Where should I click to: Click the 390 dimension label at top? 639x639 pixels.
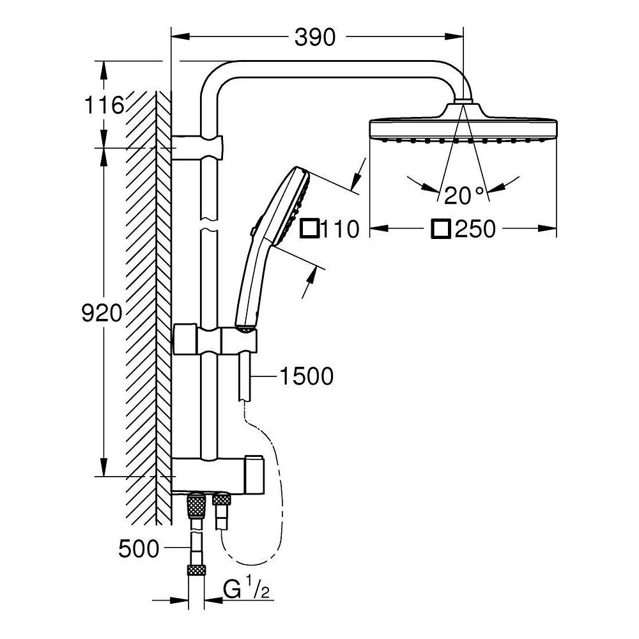[x=315, y=38]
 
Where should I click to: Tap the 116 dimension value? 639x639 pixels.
[x=104, y=105]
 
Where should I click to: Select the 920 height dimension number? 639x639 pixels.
[x=102, y=313]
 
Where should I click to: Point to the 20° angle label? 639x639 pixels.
[x=464, y=195]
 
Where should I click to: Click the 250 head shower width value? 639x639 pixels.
[x=475, y=229]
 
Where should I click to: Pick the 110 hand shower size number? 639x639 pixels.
[x=341, y=229]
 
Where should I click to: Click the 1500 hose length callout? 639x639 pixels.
[x=307, y=376]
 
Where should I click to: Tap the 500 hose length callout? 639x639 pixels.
[x=139, y=549]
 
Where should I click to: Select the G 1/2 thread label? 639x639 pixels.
[x=247, y=590]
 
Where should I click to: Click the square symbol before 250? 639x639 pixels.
[x=441, y=229]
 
